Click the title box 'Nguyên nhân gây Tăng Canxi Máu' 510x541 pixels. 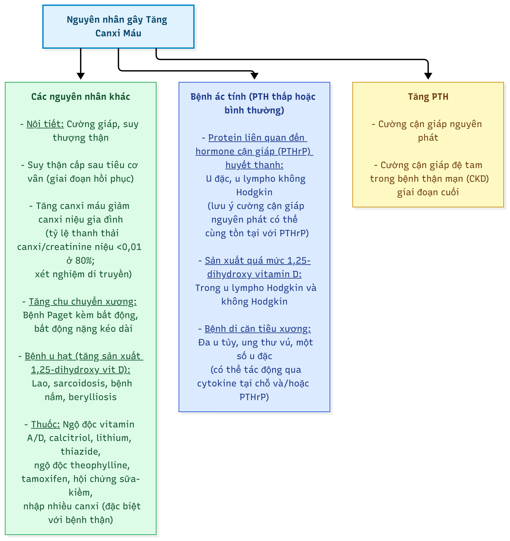pos(118,26)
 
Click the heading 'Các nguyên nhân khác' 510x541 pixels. pos(81,97)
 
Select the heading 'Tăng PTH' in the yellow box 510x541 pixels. pos(428,97)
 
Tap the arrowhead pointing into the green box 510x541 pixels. pos(81,76)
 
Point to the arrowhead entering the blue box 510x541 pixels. pos(254,76)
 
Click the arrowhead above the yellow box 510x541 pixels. pos(428,76)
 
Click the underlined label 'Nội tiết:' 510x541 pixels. pos(45,124)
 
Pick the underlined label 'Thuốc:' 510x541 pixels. pos(45,424)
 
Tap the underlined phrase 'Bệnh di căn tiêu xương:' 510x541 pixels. pos(257,329)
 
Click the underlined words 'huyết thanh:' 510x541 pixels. pos(254,165)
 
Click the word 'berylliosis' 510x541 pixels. pos(93,397)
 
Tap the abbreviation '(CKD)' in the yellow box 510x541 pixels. pos(478,179)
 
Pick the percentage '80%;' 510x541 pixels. pos(85,260)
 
